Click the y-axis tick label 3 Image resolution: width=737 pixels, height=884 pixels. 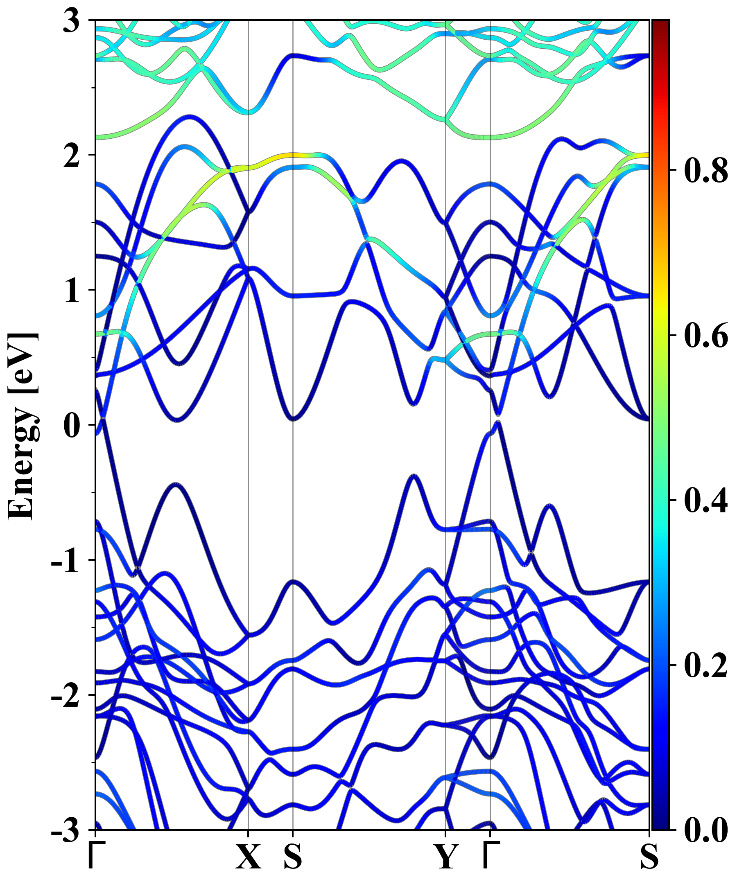(72, 21)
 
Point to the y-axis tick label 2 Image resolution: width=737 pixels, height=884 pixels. (72, 157)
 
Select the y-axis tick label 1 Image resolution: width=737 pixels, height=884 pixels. (72, 291)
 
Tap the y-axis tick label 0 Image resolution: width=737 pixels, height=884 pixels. (72, 426)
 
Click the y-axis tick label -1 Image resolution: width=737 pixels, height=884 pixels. (66, 561)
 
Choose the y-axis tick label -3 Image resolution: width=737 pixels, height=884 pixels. (66, 830)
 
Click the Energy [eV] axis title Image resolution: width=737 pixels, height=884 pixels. (23, 425)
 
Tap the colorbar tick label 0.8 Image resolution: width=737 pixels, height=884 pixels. (705, 171)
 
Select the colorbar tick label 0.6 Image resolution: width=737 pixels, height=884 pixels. (705, 336)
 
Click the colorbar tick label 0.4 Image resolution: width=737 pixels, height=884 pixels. (705, 501)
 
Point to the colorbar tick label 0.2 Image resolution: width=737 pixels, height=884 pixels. (705, 665)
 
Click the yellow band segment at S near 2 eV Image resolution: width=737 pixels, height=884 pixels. (293, 155)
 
